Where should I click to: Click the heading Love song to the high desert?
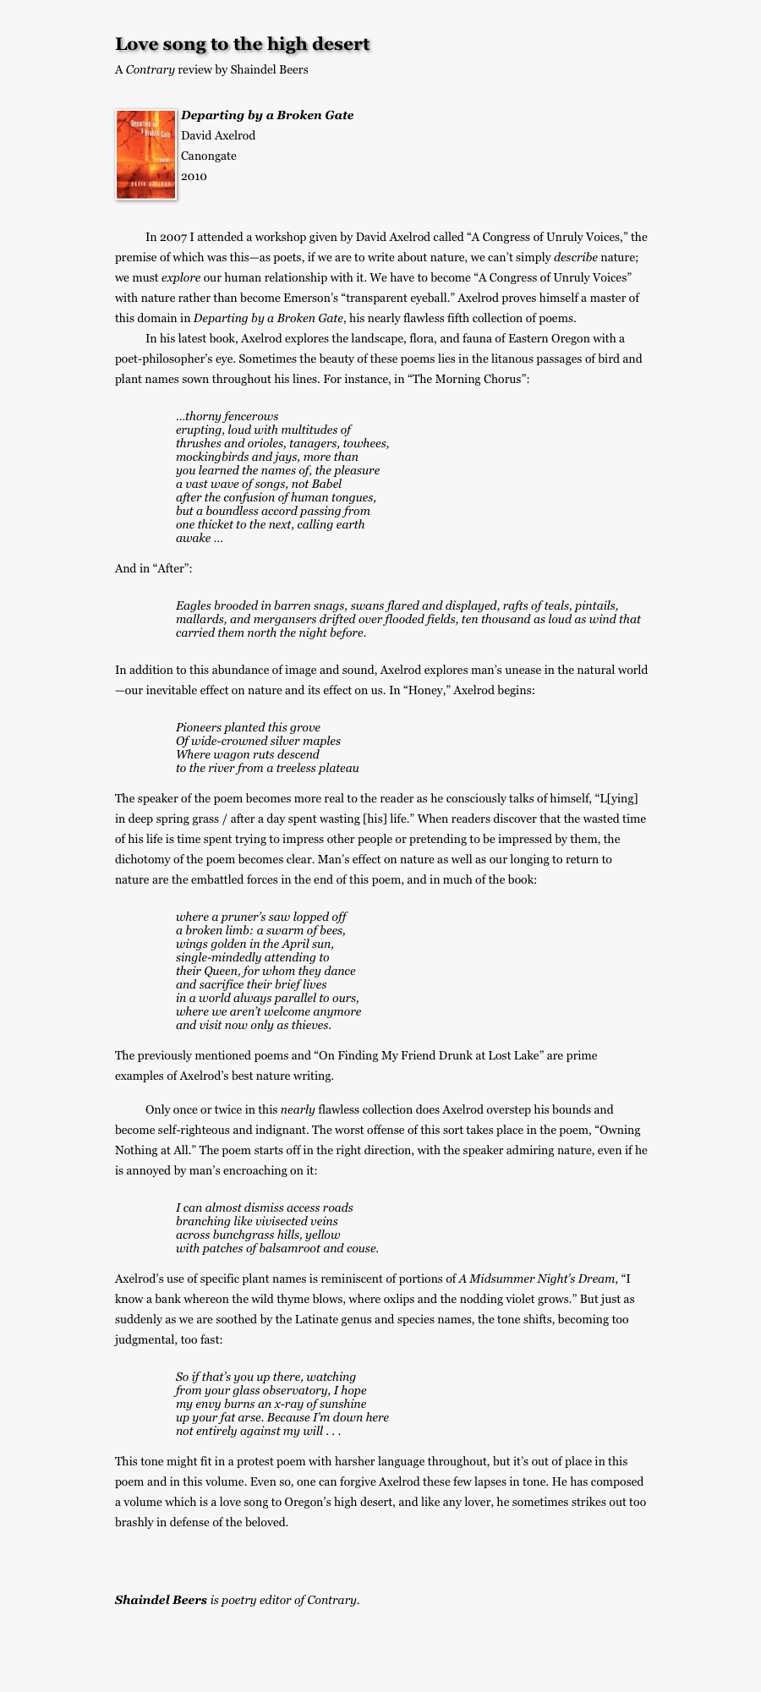click(x=243, y=44)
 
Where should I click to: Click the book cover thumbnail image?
click(x=146, y=155)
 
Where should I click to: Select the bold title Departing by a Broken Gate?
click(x=267, y=115)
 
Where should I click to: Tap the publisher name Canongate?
click(x=209, y=156)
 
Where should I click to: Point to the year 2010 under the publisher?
click(x=194, y=176)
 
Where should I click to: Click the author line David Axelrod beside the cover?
click(x=218, y=135)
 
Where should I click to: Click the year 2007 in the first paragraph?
click(x=176, y=237)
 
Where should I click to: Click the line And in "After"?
click(x=154, y=568)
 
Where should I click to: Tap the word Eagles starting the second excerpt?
click(x=193, y=605)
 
